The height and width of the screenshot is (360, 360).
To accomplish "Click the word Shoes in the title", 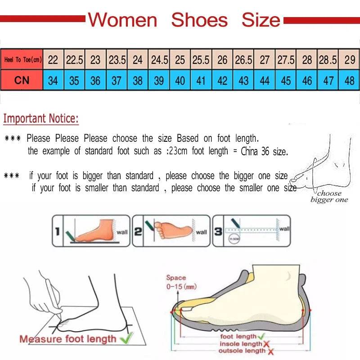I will pos(199,20).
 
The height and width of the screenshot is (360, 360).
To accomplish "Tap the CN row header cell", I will pos(22,81).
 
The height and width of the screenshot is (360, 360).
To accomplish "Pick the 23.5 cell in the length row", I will pos(117,59).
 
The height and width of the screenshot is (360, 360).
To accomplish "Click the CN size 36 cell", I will pos(95,81).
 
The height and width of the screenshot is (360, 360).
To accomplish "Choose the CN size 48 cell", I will pos(349,81).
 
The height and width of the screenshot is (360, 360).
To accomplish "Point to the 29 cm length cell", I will pos(349,59).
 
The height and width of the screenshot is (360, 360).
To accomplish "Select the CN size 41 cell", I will pos(201,81).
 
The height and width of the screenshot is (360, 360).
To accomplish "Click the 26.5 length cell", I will pos(243,59).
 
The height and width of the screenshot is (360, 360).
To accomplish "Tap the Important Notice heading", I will pos(41,119).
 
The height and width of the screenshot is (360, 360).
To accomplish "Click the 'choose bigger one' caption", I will pos(329,196).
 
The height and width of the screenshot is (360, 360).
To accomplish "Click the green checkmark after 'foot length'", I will pos(261,336).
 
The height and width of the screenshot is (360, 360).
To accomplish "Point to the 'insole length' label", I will pos(240,344).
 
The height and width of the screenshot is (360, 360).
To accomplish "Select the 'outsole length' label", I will pos(242,351).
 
